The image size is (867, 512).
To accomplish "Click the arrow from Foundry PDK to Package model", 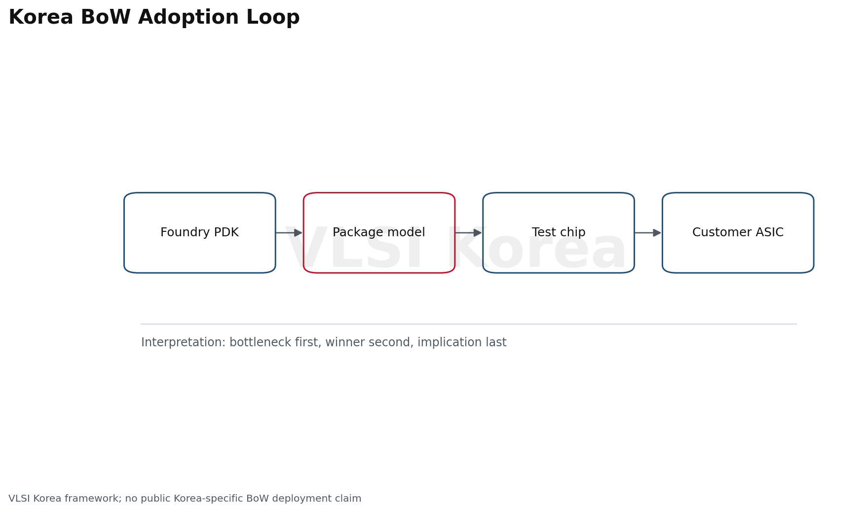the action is tap(289, 233).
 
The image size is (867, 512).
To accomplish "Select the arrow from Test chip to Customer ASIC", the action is tap(648, 233).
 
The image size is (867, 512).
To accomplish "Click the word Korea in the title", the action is tap(41, 18).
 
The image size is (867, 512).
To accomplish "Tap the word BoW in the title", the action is tap(106, 18).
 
